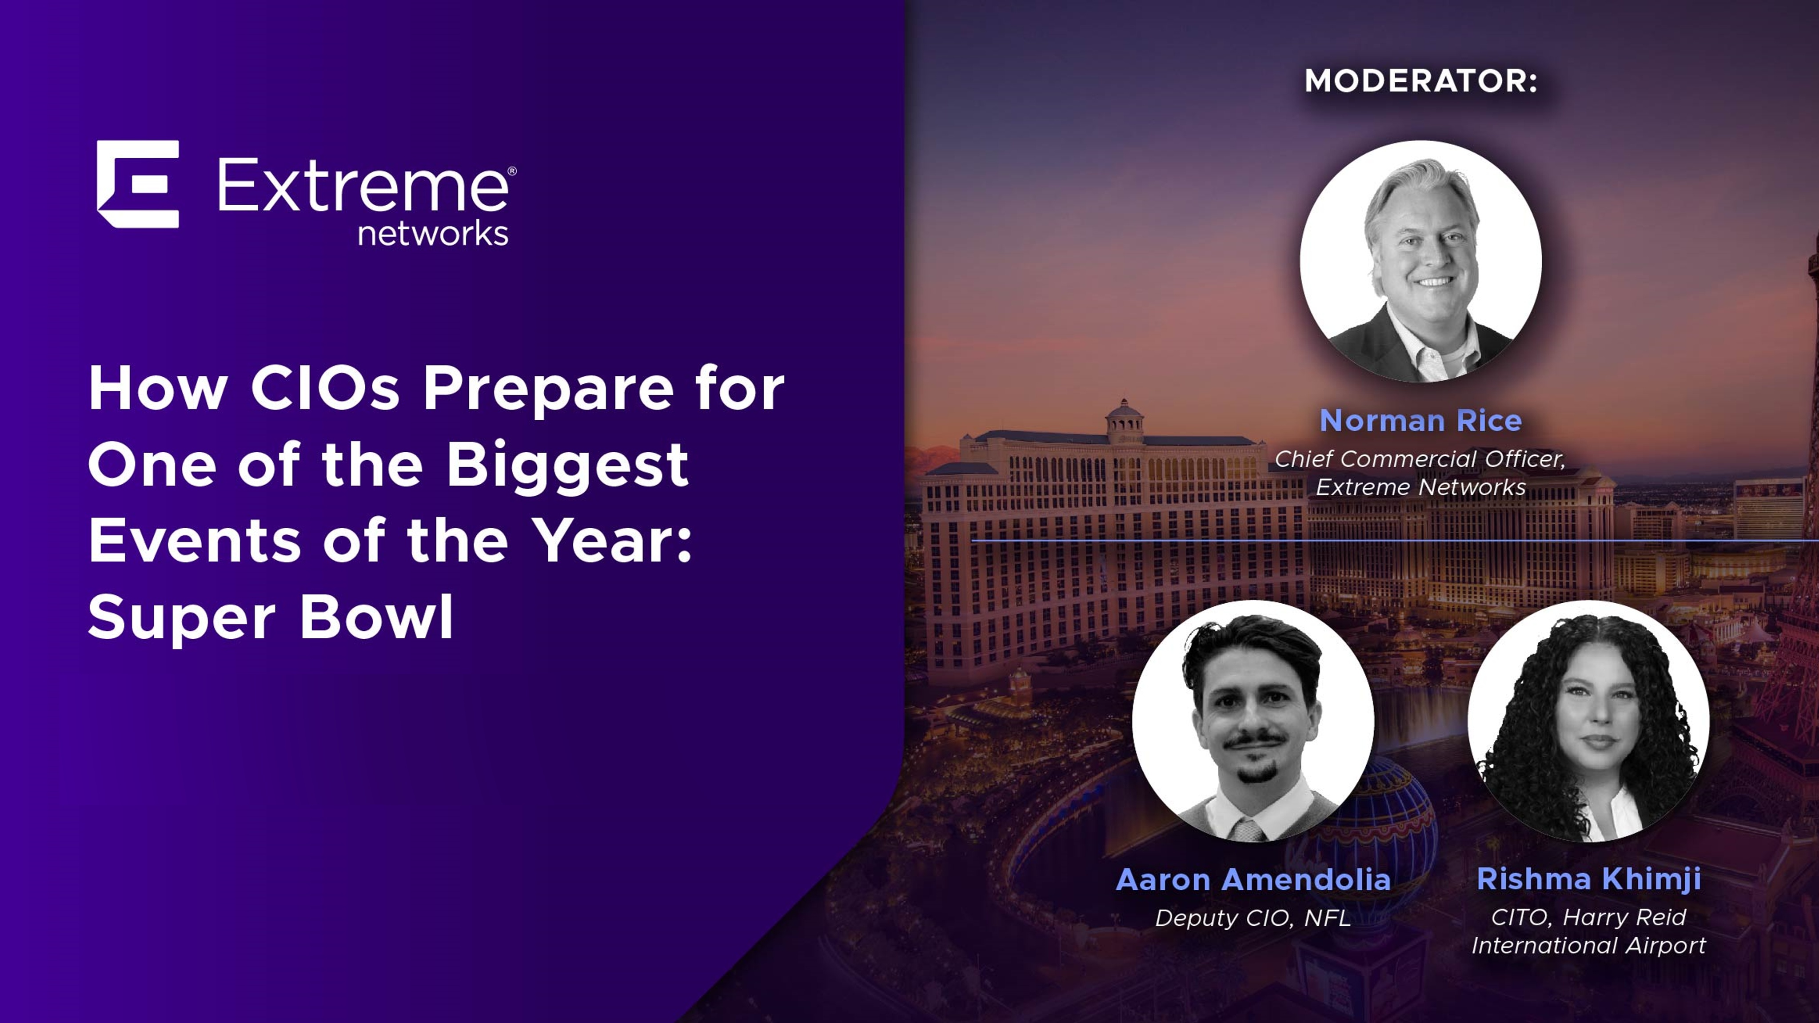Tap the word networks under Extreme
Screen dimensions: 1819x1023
(x=433, y=233)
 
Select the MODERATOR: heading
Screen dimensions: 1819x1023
(x=1421, y=80)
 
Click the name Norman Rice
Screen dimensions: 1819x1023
(x=1421, y=420)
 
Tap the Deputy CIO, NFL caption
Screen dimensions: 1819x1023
(x=1253, y=918)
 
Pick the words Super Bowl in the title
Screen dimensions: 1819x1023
(x=271, y=617)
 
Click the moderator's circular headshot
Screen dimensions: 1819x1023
(x=1421, y=261)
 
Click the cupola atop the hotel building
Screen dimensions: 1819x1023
(x=1124, y=421)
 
